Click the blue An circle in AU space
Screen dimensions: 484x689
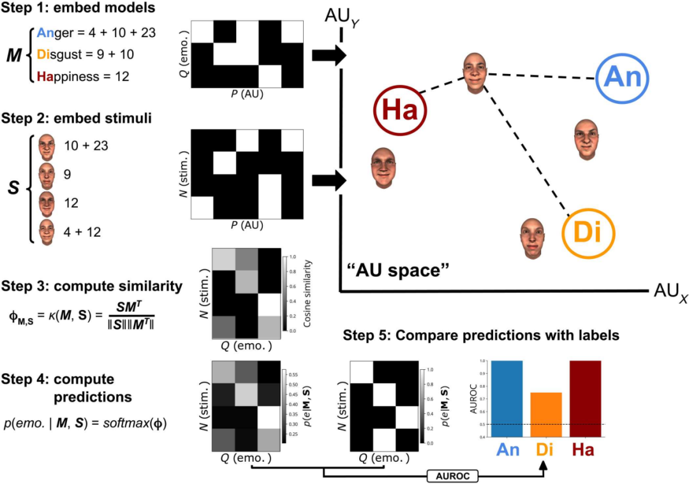click(623, 78)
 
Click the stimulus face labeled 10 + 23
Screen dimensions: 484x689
click(46, 147)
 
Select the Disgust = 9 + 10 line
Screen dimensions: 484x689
click(87, 54)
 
